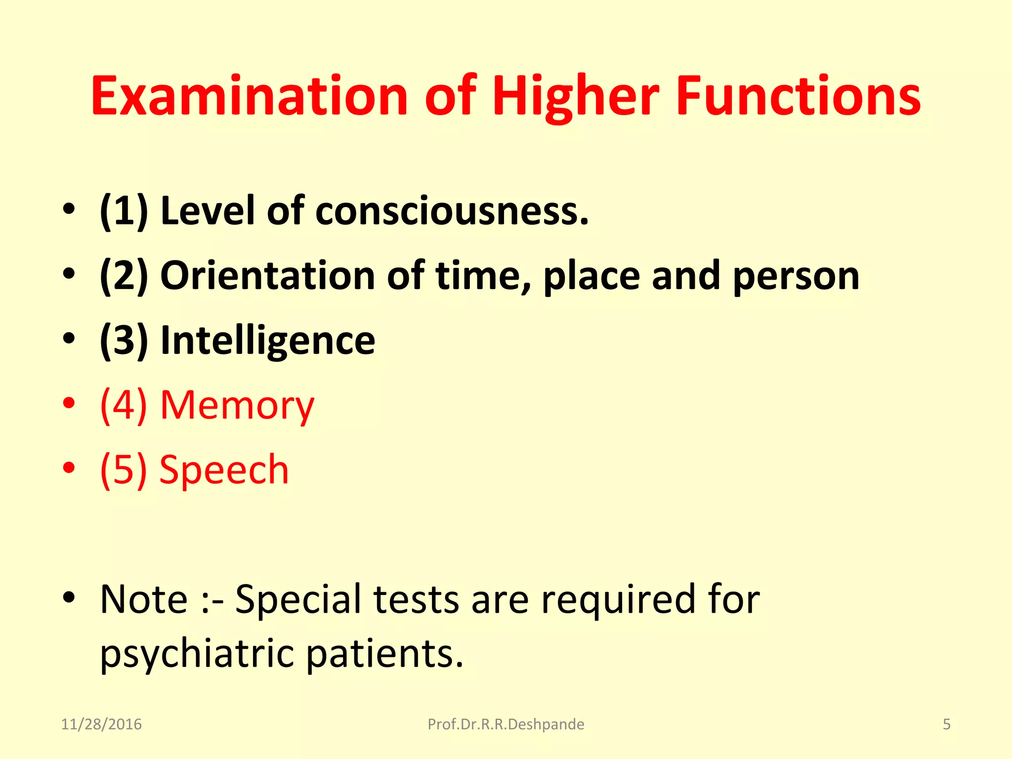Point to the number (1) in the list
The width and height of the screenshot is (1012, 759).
coord(124,211)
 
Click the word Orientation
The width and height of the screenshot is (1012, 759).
coord(267,276)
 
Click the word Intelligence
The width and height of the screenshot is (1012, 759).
coord(268,341)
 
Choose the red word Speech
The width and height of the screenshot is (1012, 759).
coord(224,470)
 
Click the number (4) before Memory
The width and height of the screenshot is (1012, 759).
coord(124,406)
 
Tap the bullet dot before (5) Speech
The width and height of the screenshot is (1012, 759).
coord(69,467)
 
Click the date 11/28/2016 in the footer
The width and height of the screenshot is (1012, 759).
coord(101,724)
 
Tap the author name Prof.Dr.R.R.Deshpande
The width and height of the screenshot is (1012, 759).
coord(506,724)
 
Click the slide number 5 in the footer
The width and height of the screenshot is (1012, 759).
coord(946,724)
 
